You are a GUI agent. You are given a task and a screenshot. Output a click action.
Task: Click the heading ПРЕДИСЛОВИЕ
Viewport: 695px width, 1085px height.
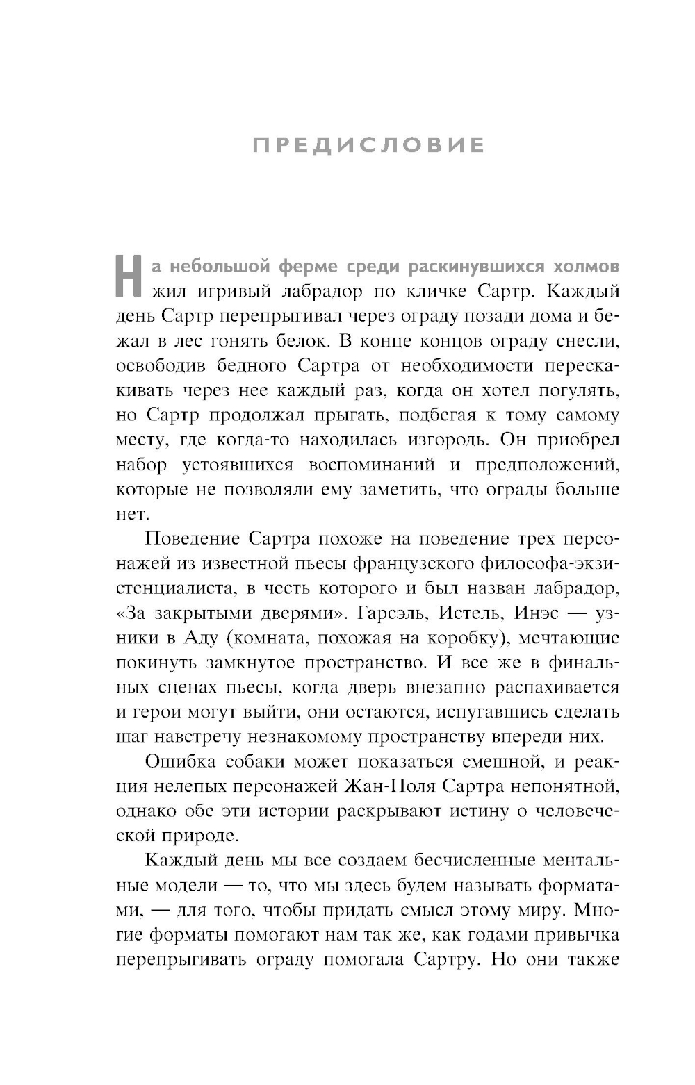tap(368, 145)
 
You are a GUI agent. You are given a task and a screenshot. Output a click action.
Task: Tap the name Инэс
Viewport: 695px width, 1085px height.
tap(539, 613)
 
